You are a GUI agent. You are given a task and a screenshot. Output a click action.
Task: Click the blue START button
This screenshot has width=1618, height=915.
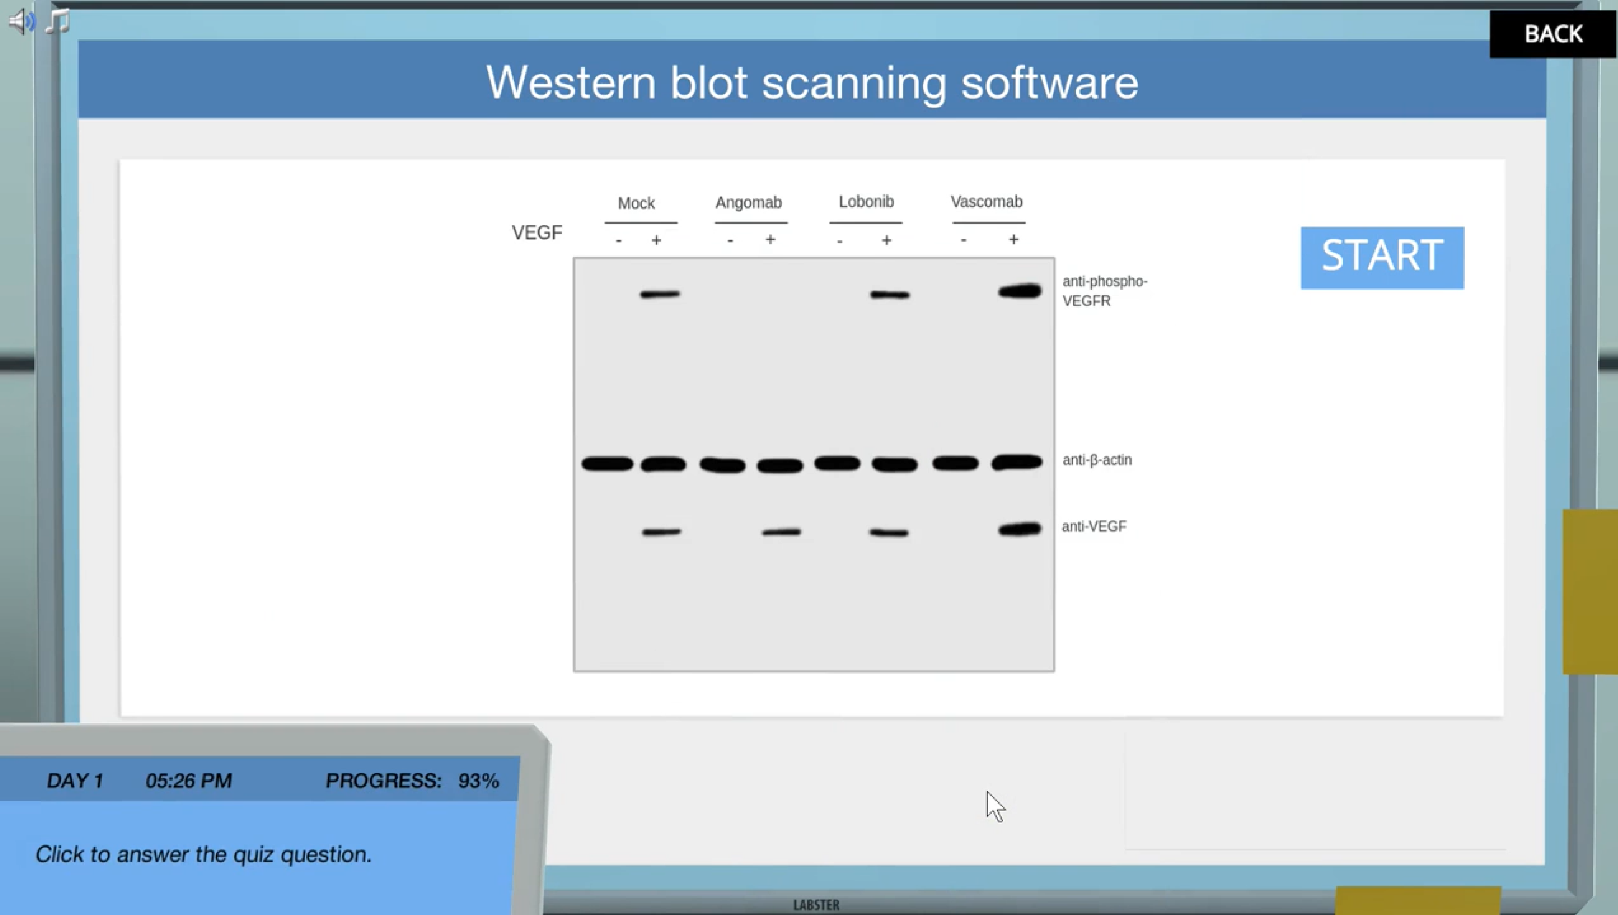pyautogui.click(x=1382, y=258)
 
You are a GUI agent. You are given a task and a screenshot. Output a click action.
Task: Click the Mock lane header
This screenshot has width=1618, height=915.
pyautogui.click(x=636, y=203)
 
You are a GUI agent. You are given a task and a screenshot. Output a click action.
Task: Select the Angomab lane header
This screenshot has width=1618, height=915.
pyautogui.click(x=748, y=202)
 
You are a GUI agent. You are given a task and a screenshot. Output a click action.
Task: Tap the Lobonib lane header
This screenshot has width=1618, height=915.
pyautogui.click(x=866, y=202)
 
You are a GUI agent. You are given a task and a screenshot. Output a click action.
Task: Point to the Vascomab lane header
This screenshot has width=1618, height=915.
pyautogui.click(x=986, y=202)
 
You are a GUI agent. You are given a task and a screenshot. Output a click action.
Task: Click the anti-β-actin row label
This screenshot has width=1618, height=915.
pyautogui.click(x=1097, y=460)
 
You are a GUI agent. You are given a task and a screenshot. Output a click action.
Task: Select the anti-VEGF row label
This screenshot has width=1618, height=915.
pyautogui.click(x=1094, y=526)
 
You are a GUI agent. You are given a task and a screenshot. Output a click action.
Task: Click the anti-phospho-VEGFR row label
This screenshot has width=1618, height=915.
pyautogui.click(x=1104, y=291)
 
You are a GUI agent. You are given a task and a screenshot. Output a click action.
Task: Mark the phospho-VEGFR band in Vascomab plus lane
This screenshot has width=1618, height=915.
pyautogui.click(x=1020, y=291)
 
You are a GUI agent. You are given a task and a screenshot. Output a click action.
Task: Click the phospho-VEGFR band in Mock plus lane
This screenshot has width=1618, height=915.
pyautogui.click(x=660, y=294)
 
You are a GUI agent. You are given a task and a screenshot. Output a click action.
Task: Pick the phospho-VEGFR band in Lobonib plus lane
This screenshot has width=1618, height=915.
pyautogui.click(x=890, y=294)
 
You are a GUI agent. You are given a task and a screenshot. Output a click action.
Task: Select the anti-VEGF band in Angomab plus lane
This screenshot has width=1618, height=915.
pyautogui.click(x=781, y=533)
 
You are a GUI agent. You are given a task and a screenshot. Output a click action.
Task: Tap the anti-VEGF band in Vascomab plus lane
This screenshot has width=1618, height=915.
pyautogui.click(x=1020, y=530)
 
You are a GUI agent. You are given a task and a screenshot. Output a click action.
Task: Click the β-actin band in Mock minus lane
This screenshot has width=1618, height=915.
pyautogui.click(x=607, y=464)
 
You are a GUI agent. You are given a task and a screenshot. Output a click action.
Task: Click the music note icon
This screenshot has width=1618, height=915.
pyautogui.click(x=58, y=21)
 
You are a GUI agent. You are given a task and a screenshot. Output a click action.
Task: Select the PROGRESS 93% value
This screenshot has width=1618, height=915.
pyautogui.click(x=478, y=781)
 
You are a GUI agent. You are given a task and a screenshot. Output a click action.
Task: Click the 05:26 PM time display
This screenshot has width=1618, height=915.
pyautogui.click(x=189, y=781)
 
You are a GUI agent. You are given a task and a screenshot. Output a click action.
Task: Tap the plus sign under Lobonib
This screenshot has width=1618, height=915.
pyautogui.click(x=886, y=240)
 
